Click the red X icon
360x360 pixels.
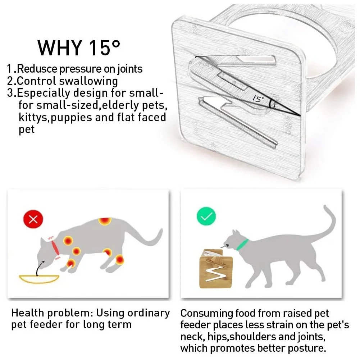coord(33,219)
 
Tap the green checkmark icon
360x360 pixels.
coord(206,216)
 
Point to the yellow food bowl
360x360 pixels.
coord(39,278)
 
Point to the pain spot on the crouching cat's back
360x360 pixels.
coord(104,222)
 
